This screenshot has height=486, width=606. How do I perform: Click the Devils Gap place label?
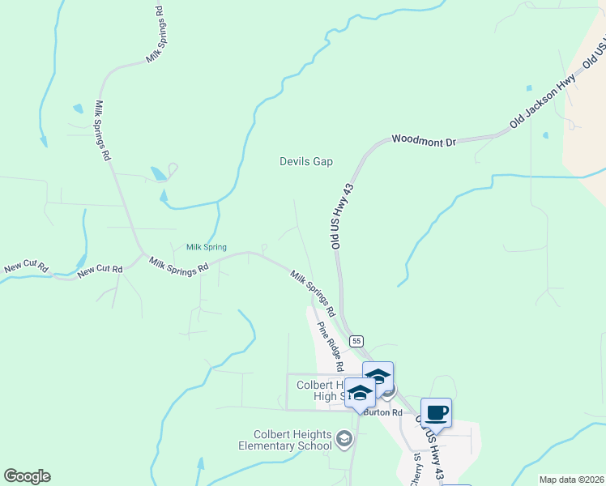coord(306,161)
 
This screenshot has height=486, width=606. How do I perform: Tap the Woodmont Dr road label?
coord(424,141)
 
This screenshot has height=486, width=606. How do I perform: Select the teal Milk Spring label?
coord(206,247)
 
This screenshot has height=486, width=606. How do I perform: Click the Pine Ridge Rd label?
coord(331,346)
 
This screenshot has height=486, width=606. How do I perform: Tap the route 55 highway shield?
coord(357,342)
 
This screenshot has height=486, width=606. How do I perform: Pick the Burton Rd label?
coord(383,412)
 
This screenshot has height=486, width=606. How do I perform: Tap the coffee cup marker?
coord(436,413)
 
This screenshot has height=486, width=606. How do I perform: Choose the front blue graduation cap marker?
coord(360,394)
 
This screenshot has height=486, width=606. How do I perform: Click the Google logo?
coord(27,476)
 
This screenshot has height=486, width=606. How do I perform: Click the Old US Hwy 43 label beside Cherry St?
coord(431,445)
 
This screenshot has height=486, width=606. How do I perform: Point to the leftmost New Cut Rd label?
coord(27,266)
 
